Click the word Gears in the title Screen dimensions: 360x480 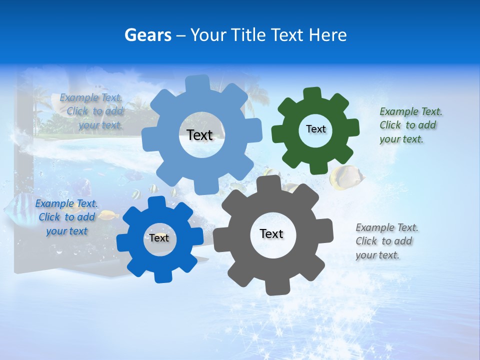coord(147,35)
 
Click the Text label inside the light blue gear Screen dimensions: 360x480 coord(199,135)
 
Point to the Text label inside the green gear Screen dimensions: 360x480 coord(315,129)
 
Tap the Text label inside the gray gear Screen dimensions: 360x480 coord(271,234)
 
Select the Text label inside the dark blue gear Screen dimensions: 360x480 coord(159,238)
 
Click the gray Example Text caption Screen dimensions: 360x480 coord(386,241)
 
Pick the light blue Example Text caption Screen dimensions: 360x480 coord(93,111)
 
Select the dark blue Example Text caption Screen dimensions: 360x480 coord(66,217)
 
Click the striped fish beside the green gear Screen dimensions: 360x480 coord(345,177)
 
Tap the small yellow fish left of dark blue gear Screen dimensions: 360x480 coord(108,215)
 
